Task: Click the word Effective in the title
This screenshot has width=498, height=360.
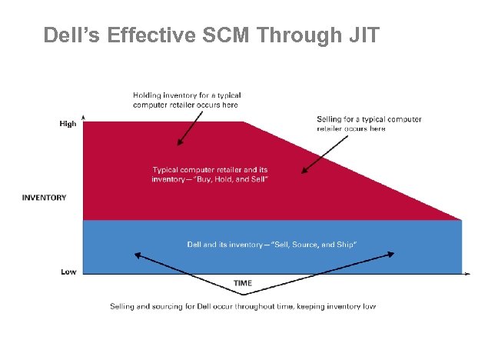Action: (148, 35)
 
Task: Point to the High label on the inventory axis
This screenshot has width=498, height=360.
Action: (68, 124)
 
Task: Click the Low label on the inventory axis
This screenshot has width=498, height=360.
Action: (68, 272)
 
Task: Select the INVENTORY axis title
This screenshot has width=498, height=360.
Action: (44, 198)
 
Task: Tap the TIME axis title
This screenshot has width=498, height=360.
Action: (242, 283)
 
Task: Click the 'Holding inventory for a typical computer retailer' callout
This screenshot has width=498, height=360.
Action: (187, 100)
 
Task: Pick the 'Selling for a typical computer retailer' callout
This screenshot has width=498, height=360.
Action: (369, 124)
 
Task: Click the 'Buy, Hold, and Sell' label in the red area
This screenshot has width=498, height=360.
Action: (214, 175)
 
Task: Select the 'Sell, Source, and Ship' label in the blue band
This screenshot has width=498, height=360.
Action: (275, 245)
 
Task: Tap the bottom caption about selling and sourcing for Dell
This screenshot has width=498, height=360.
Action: (243, 306)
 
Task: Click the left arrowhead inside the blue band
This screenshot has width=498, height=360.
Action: (138, 255)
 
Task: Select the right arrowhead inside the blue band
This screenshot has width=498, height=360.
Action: (393, 255)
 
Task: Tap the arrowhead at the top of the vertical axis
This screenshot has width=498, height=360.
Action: (83, 118)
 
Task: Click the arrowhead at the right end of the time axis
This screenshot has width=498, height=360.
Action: (468, 272)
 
